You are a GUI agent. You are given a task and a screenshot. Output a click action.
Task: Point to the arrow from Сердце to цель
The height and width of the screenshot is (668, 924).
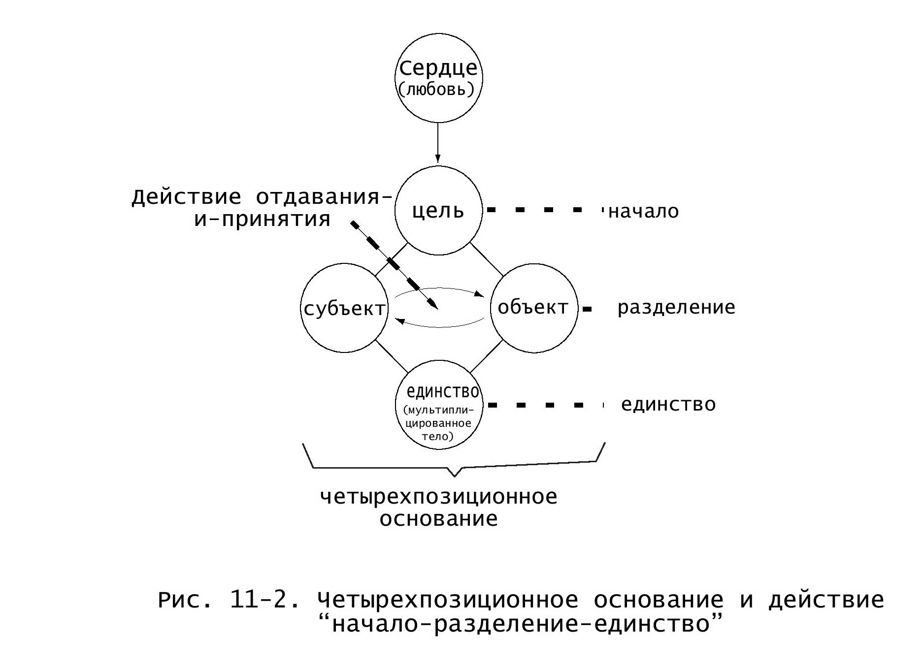[x=438, y=142]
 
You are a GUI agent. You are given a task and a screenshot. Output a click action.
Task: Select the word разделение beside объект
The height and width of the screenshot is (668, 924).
[x=676, y=308]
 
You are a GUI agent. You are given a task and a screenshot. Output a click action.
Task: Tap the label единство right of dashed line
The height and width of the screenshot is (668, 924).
[x=668, y=405]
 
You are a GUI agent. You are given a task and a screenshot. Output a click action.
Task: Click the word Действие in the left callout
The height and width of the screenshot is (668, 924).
[x=187, y=197]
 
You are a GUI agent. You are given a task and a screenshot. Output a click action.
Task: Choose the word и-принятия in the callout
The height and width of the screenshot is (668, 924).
[x=262, y=219]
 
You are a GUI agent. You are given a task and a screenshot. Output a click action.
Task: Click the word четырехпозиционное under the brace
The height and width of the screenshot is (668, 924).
[x=439, y=497]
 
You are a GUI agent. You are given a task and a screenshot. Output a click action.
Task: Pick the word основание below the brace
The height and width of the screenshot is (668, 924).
[x=439, y=519]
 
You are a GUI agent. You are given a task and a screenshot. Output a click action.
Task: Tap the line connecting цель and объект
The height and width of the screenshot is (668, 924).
[x=487, y=259]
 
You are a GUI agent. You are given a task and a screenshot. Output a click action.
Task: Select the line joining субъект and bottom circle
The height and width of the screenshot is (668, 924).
[x=392, y=356]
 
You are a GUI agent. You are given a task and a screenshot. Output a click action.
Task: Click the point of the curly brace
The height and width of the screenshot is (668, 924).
[x=454, y=477]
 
